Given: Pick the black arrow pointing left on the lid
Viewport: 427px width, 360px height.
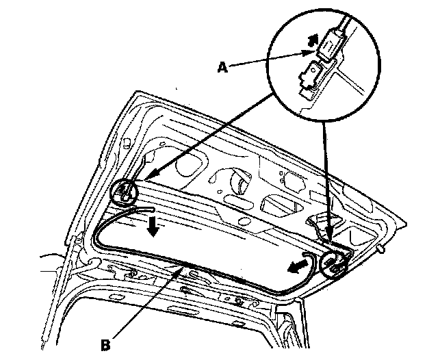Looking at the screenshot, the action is [296, 265].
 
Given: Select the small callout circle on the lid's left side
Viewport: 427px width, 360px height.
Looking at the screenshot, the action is [124, 191].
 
